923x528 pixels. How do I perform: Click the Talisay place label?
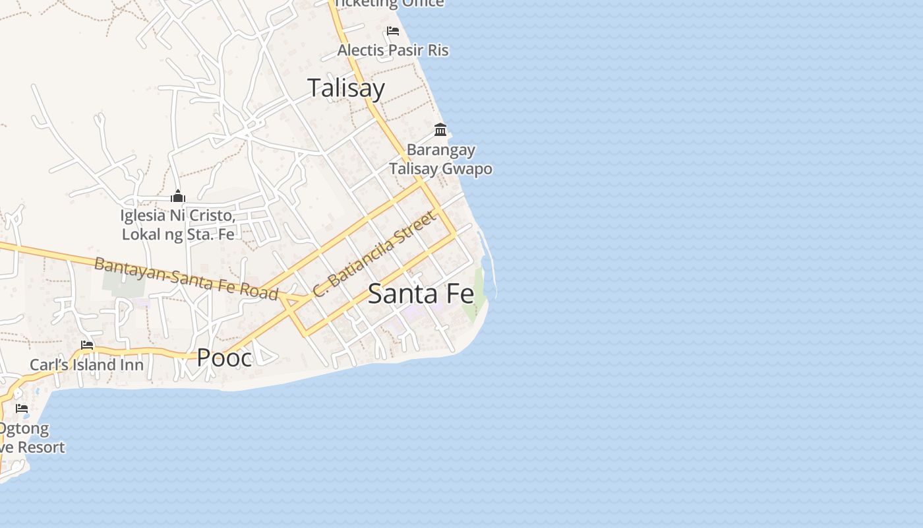click(346, 88)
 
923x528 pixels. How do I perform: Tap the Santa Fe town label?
click(421, 294)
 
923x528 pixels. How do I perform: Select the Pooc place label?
click(224, 358)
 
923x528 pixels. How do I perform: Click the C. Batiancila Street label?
click(374, 254)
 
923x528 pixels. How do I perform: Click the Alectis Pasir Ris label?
click(393, 50)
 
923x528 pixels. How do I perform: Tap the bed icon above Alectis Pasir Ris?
click(393, 31)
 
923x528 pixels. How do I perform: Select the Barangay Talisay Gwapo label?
click(440, 159)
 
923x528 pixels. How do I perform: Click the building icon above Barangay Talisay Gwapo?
click(440, 129)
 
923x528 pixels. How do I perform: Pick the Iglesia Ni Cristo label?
click(178, 216)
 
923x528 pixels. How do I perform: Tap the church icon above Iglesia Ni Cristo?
click(177, 196)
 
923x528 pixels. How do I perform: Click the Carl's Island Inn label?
click(86, 365)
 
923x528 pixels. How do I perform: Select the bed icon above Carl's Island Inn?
click(86, 345)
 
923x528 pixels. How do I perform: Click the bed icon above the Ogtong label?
click(22, 409)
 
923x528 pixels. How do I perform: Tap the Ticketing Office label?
click(389, 4)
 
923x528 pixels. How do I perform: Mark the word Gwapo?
click(466, 169)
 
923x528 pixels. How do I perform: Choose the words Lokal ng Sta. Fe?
click(178, 234)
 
